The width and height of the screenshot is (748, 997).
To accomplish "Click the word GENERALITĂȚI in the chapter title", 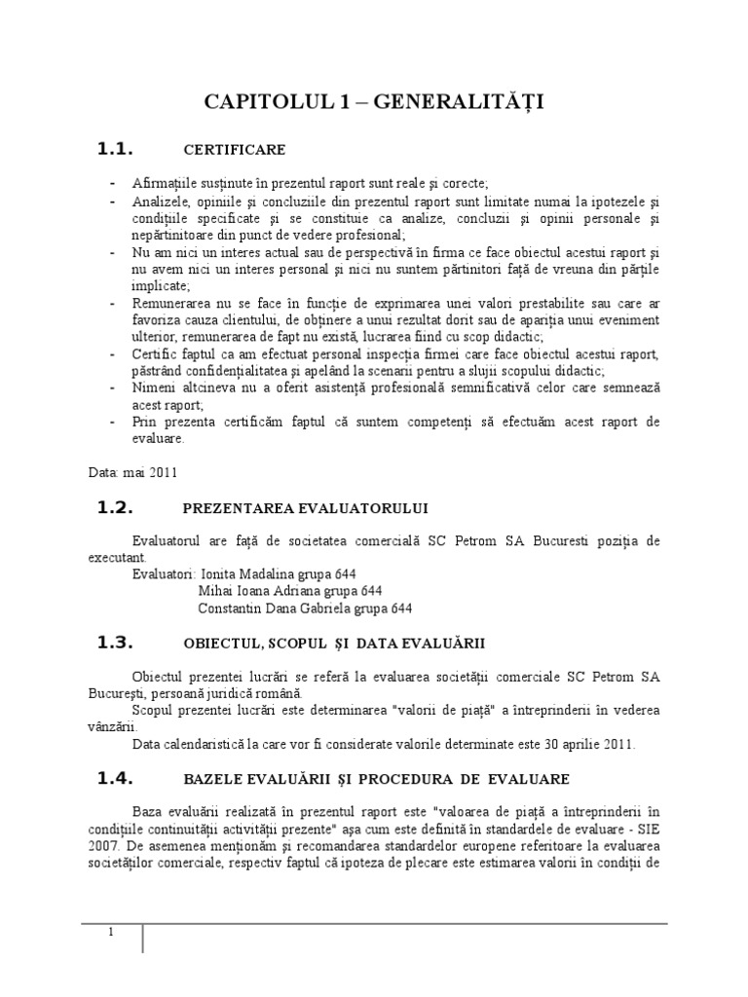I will (x=467, y=103).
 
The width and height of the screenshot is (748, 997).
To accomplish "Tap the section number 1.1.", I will (x=114, y=149).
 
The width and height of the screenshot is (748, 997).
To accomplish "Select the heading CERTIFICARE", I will (x=235, y=150).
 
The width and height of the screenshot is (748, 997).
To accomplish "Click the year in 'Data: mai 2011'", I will (x=163, y=472).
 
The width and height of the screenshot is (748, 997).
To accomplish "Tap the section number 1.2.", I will (x=114, y=507).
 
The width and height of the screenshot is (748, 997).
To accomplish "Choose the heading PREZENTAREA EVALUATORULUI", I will (x=305, y=508).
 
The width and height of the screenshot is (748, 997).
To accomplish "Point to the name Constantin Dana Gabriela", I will (x=279, y=609).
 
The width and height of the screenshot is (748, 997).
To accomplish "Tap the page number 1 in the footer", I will (x=111, y=933).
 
